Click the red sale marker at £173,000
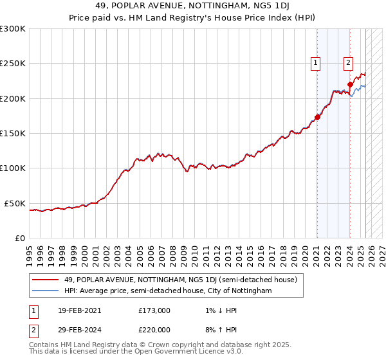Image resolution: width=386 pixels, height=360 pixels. (x=317, y=117)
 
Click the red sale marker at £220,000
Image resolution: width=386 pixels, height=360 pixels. (x=351, y=84)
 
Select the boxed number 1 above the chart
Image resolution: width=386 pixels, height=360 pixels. (x=317, y=63)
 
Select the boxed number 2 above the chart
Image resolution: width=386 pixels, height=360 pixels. (x=348, y=63)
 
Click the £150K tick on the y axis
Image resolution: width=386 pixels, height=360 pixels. (x=13, y=134)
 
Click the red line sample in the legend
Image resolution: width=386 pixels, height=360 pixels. (x=46, y=280)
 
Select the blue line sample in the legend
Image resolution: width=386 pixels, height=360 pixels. (x=46, y=291)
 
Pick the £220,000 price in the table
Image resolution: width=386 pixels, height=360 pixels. (x=154, y=329)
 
